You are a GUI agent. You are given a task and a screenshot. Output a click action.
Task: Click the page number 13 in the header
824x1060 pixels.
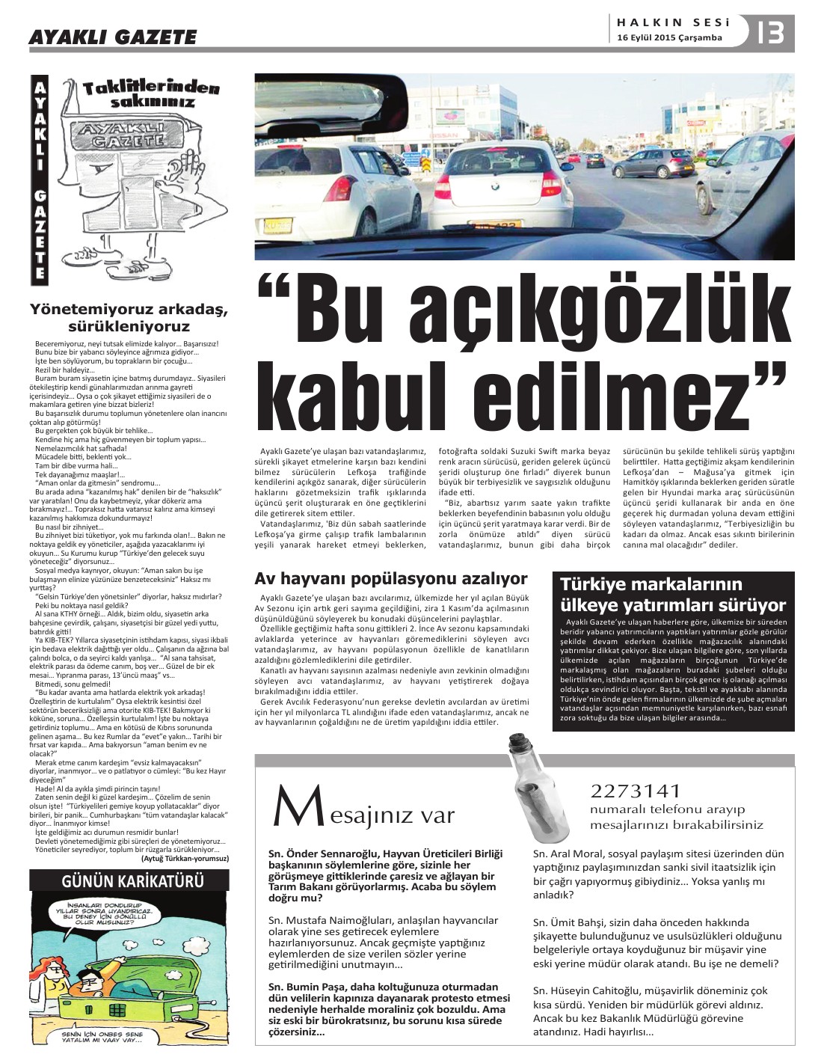(771, 32)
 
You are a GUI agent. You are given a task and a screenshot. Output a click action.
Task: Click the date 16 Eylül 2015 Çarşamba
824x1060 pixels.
(669, 38)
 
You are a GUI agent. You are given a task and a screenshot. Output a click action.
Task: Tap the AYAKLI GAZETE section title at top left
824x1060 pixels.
(112, 37)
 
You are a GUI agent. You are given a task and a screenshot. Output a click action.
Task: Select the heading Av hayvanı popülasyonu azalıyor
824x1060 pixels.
(391, 578)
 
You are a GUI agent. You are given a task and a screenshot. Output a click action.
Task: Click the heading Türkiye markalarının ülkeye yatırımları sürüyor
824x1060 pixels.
(674, 595)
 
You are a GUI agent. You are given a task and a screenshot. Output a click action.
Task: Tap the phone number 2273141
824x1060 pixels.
(636, 791)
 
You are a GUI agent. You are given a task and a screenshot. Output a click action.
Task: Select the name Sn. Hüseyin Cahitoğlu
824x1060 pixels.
(591, 990)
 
